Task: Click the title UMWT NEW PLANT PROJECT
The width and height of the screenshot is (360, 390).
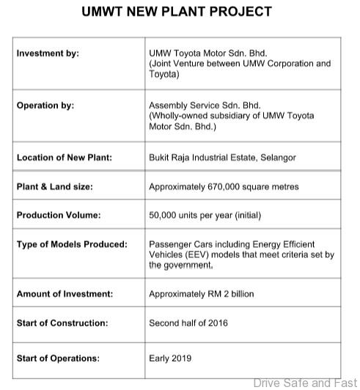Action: coord(176,12)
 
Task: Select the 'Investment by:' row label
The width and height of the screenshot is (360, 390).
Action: coord(48,54)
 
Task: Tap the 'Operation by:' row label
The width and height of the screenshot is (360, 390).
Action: coord(45,106)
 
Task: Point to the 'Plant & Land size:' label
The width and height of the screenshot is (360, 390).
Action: coord(55,187)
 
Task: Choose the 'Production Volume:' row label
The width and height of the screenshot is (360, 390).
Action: coord(59,216)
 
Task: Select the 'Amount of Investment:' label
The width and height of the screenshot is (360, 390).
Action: coord(65,294)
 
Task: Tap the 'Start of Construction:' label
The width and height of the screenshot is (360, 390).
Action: coord(62,323)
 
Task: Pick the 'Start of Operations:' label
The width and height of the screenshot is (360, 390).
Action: coord(58,358)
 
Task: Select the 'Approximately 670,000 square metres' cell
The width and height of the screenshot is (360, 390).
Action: coord(224,187)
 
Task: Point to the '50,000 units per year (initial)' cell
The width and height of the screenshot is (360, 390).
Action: coord(205,216)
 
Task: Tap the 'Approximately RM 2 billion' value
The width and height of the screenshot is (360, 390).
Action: coord(202,294)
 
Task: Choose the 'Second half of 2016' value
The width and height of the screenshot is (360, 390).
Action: coord(188,323)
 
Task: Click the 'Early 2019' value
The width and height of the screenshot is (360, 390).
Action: coord(170,358)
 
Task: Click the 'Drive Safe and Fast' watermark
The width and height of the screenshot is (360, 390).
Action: coord(304,383)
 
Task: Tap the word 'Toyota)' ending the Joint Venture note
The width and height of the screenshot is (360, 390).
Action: coord(164,74)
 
